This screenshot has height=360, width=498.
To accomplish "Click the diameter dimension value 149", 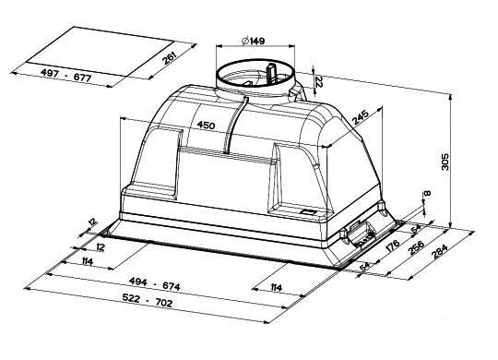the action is point(257,41).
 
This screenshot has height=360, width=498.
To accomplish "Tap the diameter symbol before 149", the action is point(245,41).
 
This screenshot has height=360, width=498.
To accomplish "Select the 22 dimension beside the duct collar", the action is point(319,82).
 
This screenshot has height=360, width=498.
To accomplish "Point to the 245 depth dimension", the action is point(361,117).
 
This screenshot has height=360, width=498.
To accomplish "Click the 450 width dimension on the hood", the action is point(206,125).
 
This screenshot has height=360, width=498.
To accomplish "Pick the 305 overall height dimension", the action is point(445,162).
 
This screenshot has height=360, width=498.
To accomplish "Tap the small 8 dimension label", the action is point(428,193).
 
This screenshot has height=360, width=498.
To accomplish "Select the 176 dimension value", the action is point(393,246).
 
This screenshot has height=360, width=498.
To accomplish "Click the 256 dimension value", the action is point(416,247).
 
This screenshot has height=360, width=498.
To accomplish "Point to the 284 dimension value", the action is point(440,251).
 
